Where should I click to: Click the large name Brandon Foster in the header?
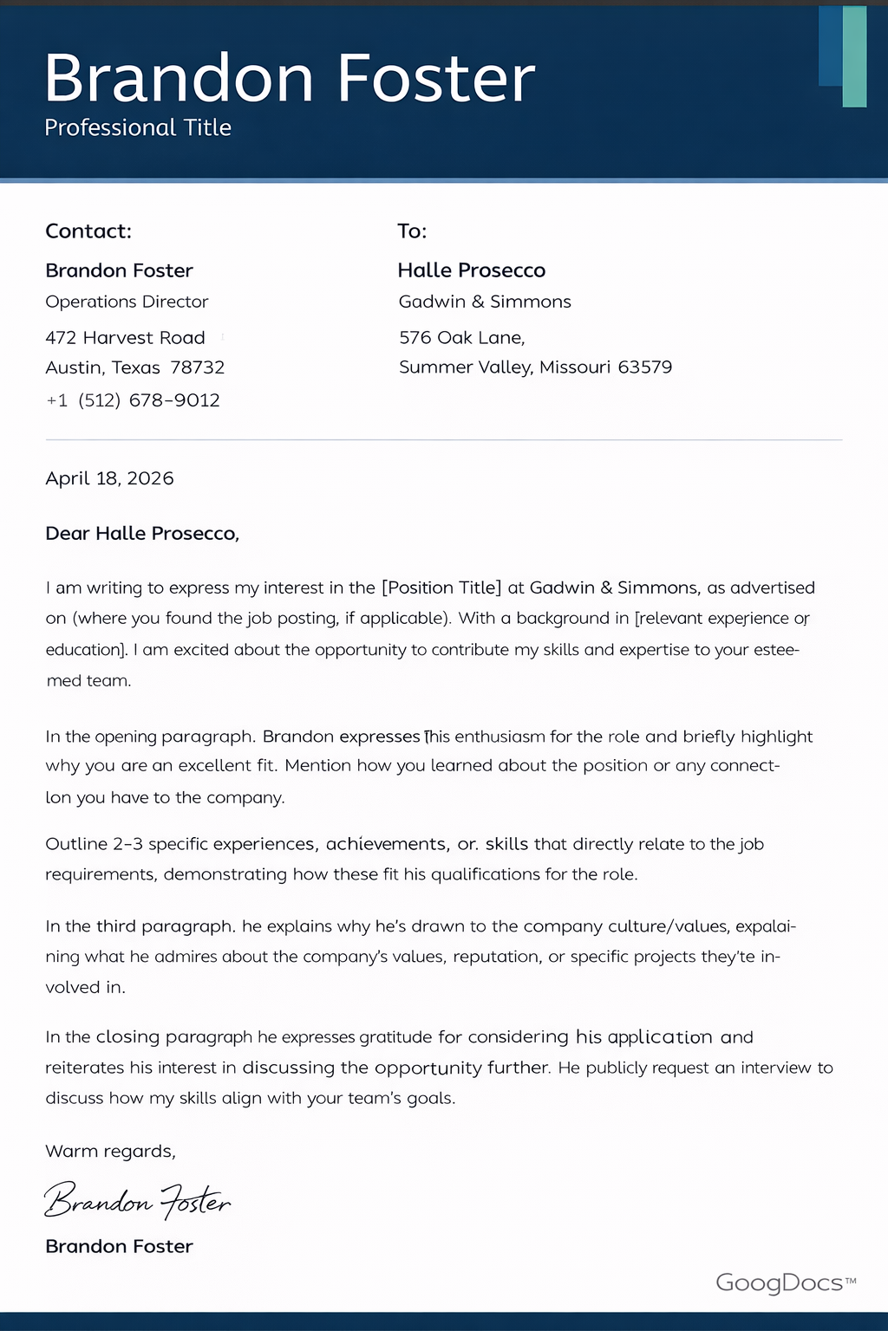tap(290, 78)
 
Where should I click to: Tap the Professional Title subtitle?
tap(138, 127)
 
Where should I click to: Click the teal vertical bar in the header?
tap(854, 57)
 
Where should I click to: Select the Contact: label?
tap(88, 231)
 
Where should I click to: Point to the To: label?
tap(412, 231)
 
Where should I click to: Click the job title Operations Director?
tap(127, 302)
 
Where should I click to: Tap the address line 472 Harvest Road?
tap(125, 337)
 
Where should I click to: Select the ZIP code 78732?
tap(198, 367)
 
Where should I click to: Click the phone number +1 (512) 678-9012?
tap(133, 400)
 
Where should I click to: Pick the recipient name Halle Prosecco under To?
tap(471, 270)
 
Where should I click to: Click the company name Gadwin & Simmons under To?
tap(485, 302)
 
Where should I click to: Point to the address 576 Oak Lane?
tap(461, 337)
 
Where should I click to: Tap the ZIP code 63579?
tap(644, 367)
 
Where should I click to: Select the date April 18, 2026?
tap(109, 478)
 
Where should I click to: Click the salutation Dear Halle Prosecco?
tap(142, 534)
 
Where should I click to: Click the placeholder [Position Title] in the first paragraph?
tap(441, 588)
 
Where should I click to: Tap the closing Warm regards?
tap(110, 1151)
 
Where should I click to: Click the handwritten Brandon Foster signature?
tap(137, 1201)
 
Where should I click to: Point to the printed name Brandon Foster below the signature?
tap(119, 1246)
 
